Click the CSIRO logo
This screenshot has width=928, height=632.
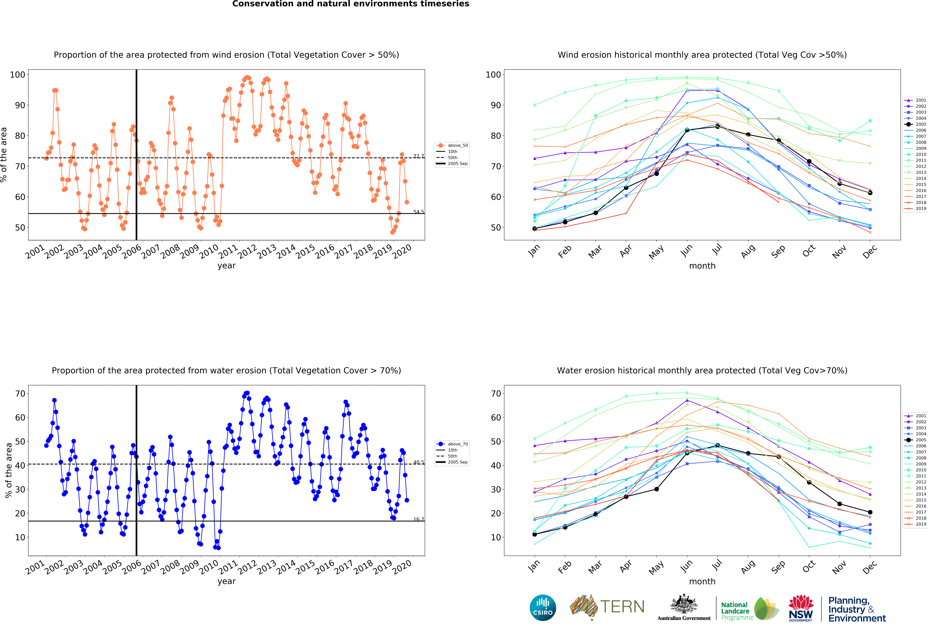543,608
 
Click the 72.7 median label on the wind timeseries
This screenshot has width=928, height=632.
419,156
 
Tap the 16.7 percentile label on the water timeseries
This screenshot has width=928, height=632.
419,519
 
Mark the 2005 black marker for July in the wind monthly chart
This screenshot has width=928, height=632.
717,126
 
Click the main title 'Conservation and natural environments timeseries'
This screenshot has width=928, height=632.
351,4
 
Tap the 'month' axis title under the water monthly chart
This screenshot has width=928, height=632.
702,581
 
